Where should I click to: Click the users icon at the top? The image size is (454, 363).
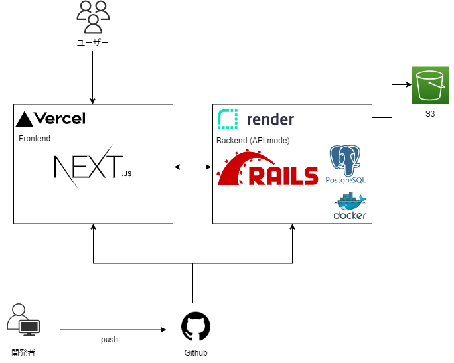92,17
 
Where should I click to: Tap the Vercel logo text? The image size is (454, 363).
59,119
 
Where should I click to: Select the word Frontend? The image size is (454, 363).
35,139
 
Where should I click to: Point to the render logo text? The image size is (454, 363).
269,119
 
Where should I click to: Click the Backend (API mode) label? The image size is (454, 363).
253,141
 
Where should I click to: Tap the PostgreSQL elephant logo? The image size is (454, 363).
346,161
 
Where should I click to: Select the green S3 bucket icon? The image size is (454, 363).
430,86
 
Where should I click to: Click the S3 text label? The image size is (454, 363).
430,114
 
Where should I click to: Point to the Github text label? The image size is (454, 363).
196,353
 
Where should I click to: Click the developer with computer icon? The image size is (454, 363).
23,319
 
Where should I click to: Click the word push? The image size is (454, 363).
110,340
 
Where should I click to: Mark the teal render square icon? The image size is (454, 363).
228,119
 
